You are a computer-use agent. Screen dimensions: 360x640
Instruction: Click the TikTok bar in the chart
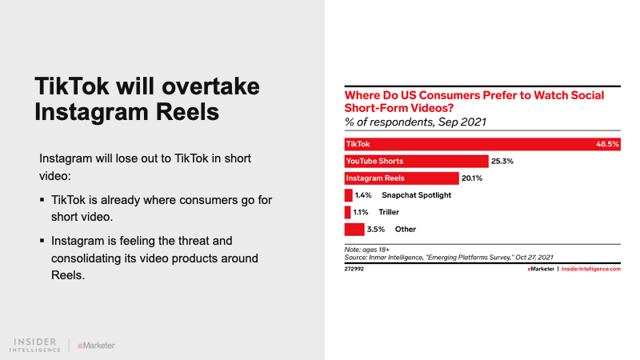[480, 144]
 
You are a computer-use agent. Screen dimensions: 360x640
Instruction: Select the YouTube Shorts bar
[416, 161]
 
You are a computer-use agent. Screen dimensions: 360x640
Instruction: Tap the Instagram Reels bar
[401, 178]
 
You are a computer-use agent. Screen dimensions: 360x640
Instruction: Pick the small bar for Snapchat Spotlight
[348, 195]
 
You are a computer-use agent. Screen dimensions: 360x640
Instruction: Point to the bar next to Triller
[347, 212]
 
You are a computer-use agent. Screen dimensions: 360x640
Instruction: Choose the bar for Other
[354, 230]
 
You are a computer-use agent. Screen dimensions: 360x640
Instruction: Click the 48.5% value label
[608, 144]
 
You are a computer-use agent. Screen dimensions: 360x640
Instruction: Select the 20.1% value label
[471, 178]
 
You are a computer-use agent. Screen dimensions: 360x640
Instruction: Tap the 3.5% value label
[375, 230]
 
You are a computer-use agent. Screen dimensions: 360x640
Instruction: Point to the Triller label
[389, 212]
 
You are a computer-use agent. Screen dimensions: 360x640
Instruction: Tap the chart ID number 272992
[354, 270]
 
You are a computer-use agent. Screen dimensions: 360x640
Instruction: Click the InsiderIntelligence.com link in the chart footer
[591, 270]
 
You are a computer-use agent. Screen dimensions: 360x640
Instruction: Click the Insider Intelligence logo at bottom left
[37, 345]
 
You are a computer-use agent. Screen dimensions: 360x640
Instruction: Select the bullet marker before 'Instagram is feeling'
[42, 240]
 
